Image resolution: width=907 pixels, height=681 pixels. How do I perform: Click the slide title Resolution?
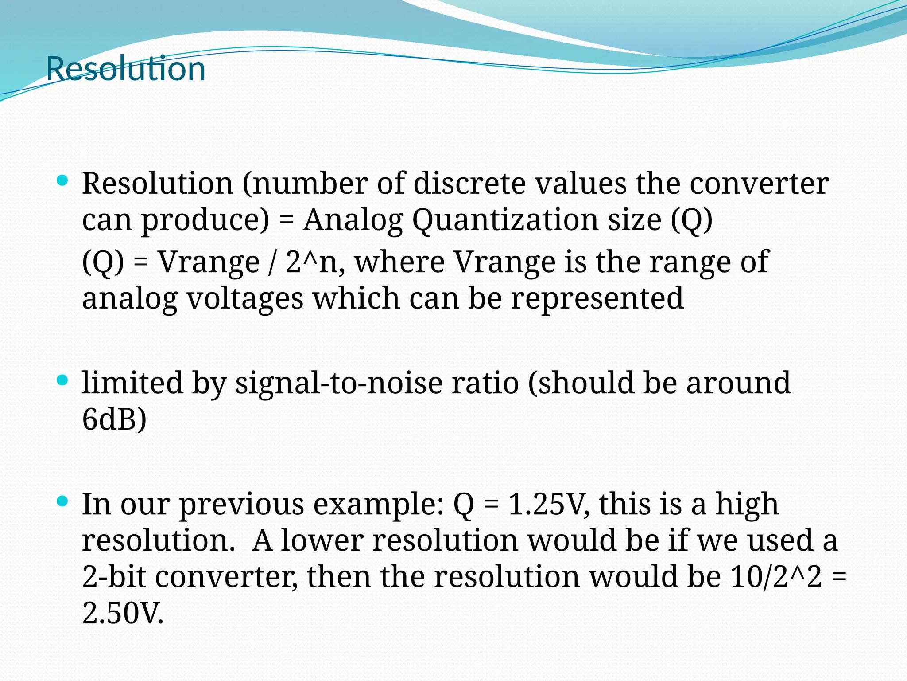click(126, 69)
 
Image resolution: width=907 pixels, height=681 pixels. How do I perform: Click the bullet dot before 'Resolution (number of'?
click(63, 180)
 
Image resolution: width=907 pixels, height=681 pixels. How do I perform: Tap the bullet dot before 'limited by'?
click(63, 380)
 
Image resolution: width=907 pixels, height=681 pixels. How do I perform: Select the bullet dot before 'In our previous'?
click(63, 501)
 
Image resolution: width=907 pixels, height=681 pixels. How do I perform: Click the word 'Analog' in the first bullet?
click(353, 220)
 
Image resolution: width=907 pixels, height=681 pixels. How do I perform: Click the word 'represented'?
click(597, 298)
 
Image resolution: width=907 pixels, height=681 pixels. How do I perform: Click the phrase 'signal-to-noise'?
click(339, 383)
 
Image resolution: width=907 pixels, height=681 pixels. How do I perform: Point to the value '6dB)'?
click(114, 419)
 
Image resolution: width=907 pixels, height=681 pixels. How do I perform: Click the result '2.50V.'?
click(123, 614)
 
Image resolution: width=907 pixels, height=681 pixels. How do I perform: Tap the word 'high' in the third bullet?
click(747, 504)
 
